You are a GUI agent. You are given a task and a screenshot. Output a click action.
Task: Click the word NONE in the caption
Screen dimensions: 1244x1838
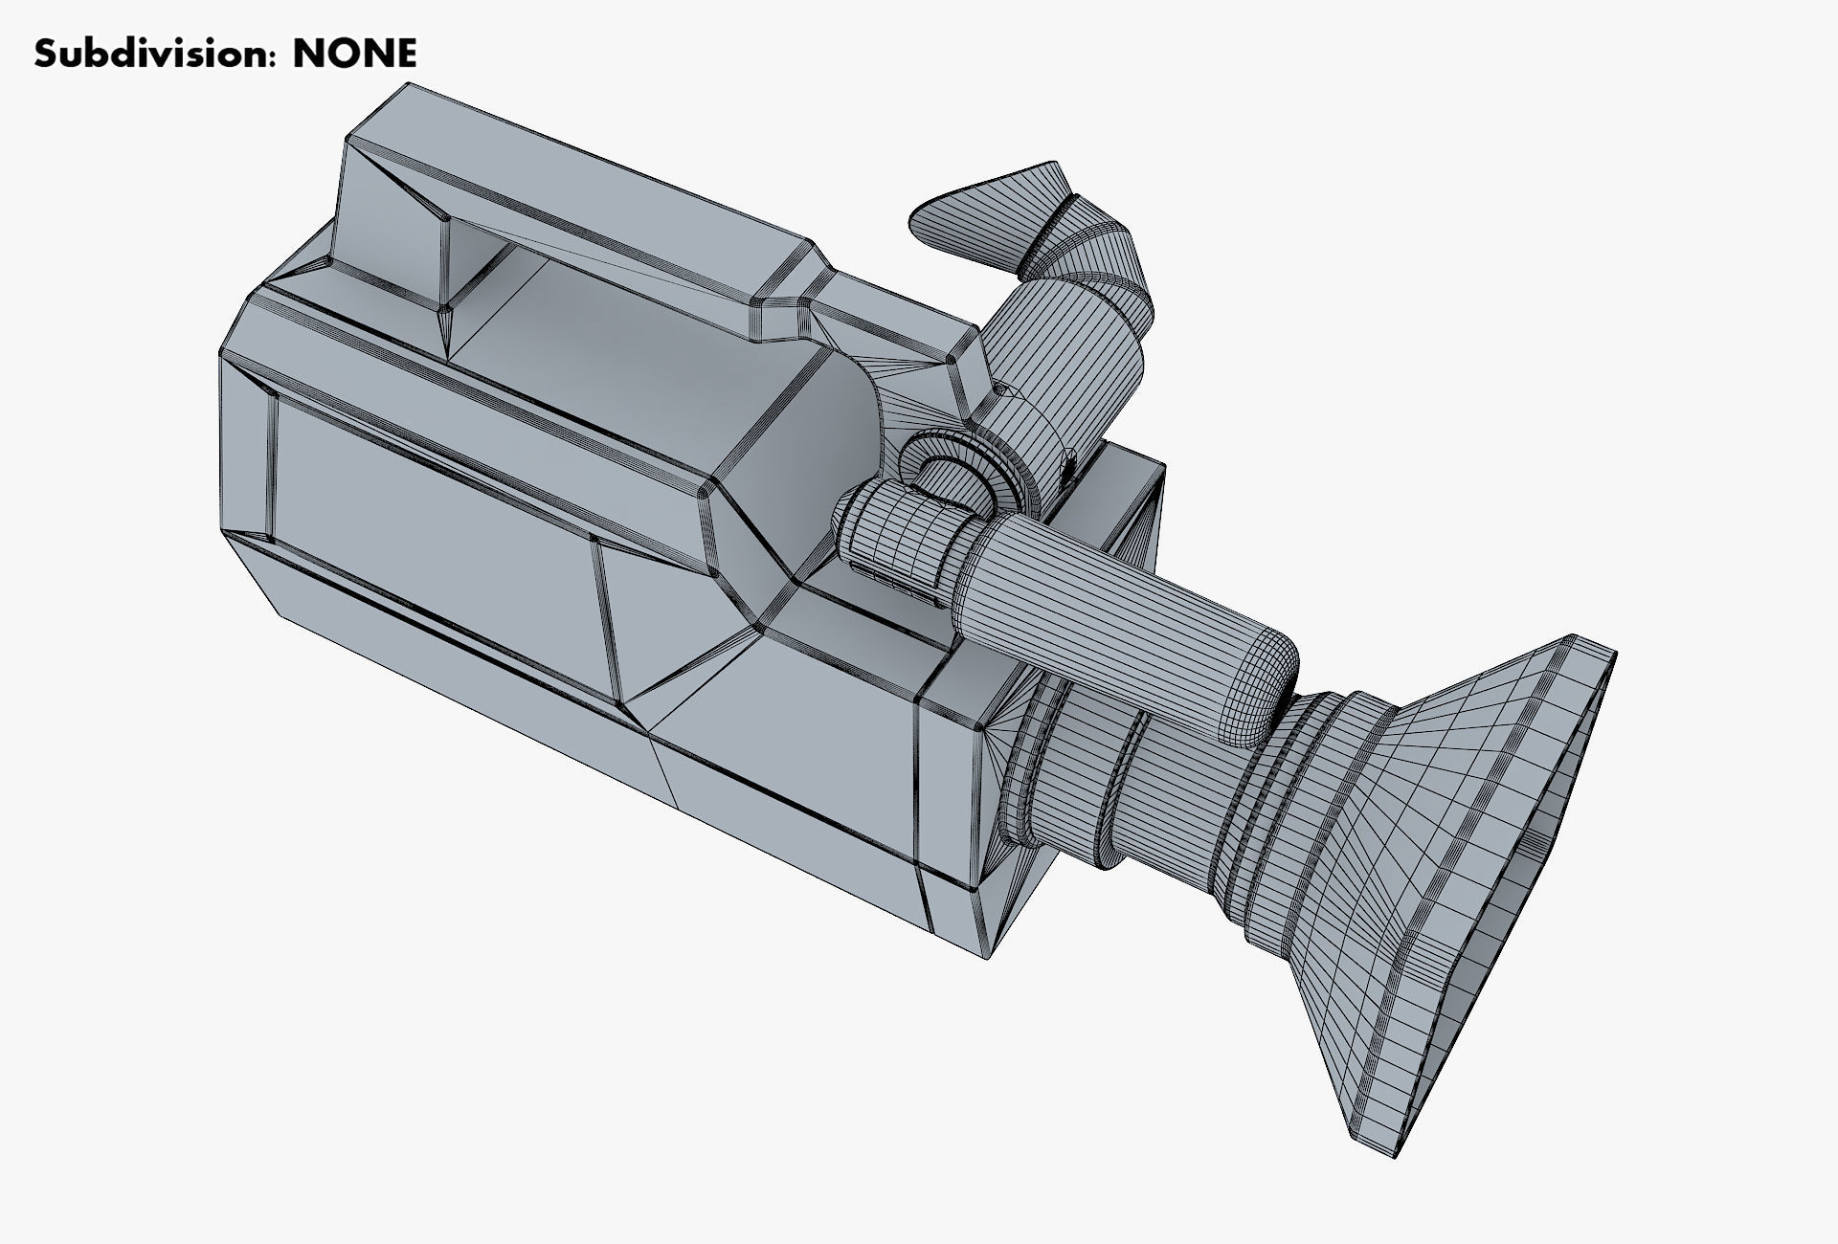pyautogui.click(x=354, y=55)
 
